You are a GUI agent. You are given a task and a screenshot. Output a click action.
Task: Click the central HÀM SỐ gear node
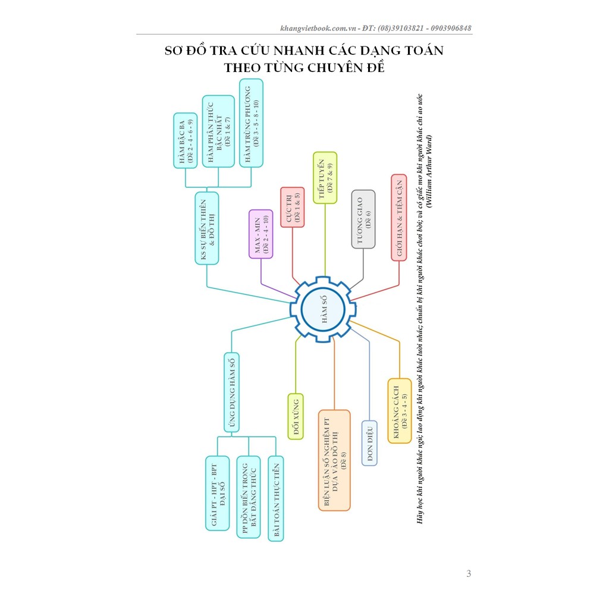coord(323,309)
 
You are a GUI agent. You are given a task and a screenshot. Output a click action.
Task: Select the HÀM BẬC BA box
coord(186,140)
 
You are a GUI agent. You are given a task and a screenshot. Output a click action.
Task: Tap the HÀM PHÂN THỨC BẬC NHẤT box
coord(218,131)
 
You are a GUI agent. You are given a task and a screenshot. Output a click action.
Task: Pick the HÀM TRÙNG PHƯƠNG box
coord(252,123)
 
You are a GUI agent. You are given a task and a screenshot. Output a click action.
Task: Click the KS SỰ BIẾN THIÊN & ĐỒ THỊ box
coord(206,228)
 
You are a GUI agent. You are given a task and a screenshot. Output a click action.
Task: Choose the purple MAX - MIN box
coord(260,234)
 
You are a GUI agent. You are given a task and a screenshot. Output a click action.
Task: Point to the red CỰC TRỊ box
coord(293,207)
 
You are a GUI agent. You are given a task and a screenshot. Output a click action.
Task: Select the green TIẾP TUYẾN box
coord(325,178)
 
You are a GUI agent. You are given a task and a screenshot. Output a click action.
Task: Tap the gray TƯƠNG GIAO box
coord(363,219)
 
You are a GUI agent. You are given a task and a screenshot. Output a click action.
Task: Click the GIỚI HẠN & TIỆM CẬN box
coord(399,218)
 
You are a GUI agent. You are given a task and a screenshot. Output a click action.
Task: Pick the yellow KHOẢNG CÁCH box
coord(400,411)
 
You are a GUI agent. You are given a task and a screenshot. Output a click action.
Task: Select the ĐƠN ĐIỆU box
coord(369,443)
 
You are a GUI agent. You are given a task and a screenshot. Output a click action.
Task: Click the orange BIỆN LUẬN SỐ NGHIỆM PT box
coord(334,460)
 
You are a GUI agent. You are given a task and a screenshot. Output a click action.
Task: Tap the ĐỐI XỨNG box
coord(296,417)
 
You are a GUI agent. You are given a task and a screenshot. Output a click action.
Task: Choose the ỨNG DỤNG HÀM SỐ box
coord(231,393)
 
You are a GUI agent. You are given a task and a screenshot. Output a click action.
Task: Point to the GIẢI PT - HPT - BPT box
coord(218,493)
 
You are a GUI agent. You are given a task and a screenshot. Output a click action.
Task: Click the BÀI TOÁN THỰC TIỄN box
coord(276,499)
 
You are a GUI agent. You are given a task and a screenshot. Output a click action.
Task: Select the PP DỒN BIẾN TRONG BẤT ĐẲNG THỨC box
coord(249,497)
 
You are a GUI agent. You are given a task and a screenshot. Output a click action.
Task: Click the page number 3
coord(469,573)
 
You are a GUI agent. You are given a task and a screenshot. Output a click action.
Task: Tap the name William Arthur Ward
coord(429,171)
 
